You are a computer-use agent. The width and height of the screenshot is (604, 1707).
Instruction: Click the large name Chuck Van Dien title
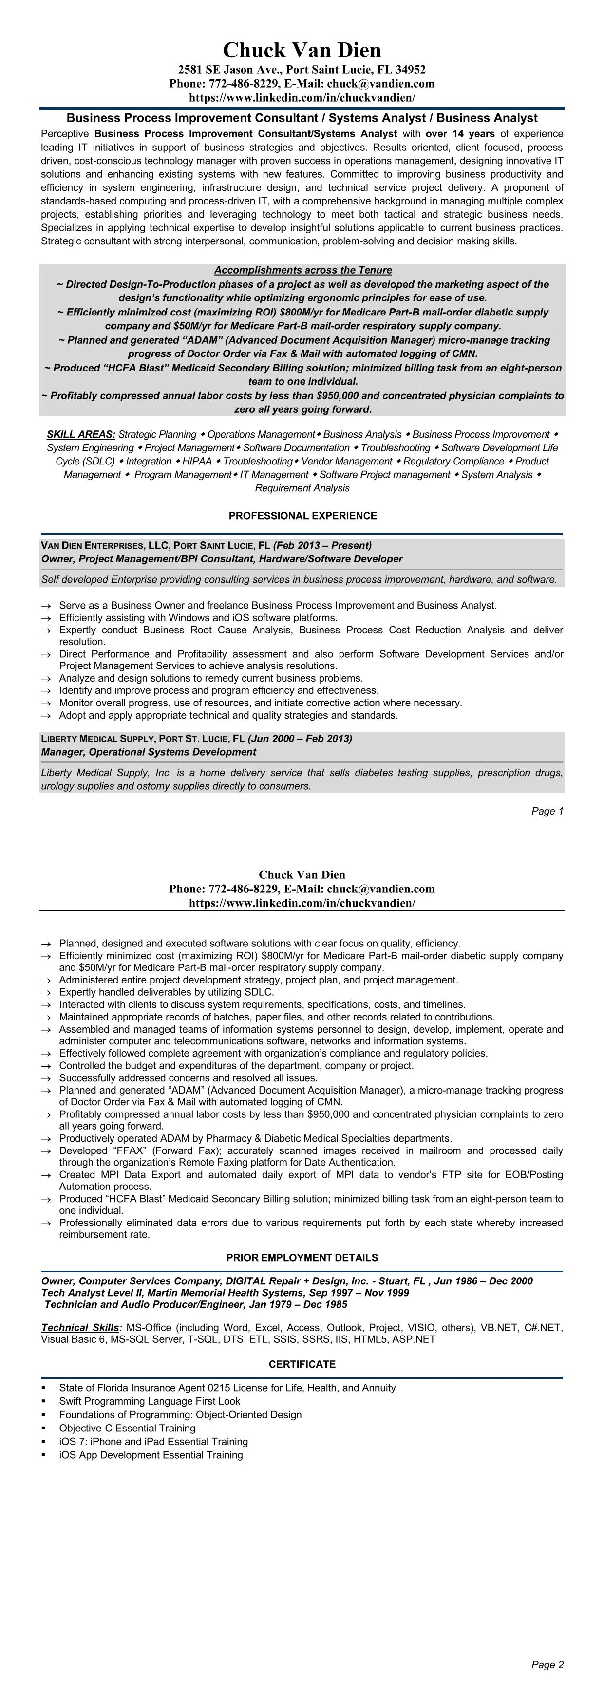tap(302, 50)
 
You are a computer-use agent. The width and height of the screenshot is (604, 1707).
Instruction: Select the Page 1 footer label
tap(547, 811)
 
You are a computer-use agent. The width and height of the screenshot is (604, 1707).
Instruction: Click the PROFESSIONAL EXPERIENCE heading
tap(302, 516)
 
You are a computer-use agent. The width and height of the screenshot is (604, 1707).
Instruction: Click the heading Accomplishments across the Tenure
tap(303, 270)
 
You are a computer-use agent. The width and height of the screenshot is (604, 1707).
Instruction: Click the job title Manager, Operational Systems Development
tap(149, 752)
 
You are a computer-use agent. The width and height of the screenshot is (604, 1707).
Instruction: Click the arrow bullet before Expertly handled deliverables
tap(45, 993)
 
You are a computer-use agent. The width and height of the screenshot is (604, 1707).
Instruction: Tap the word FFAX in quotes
tap(115, 1151)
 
